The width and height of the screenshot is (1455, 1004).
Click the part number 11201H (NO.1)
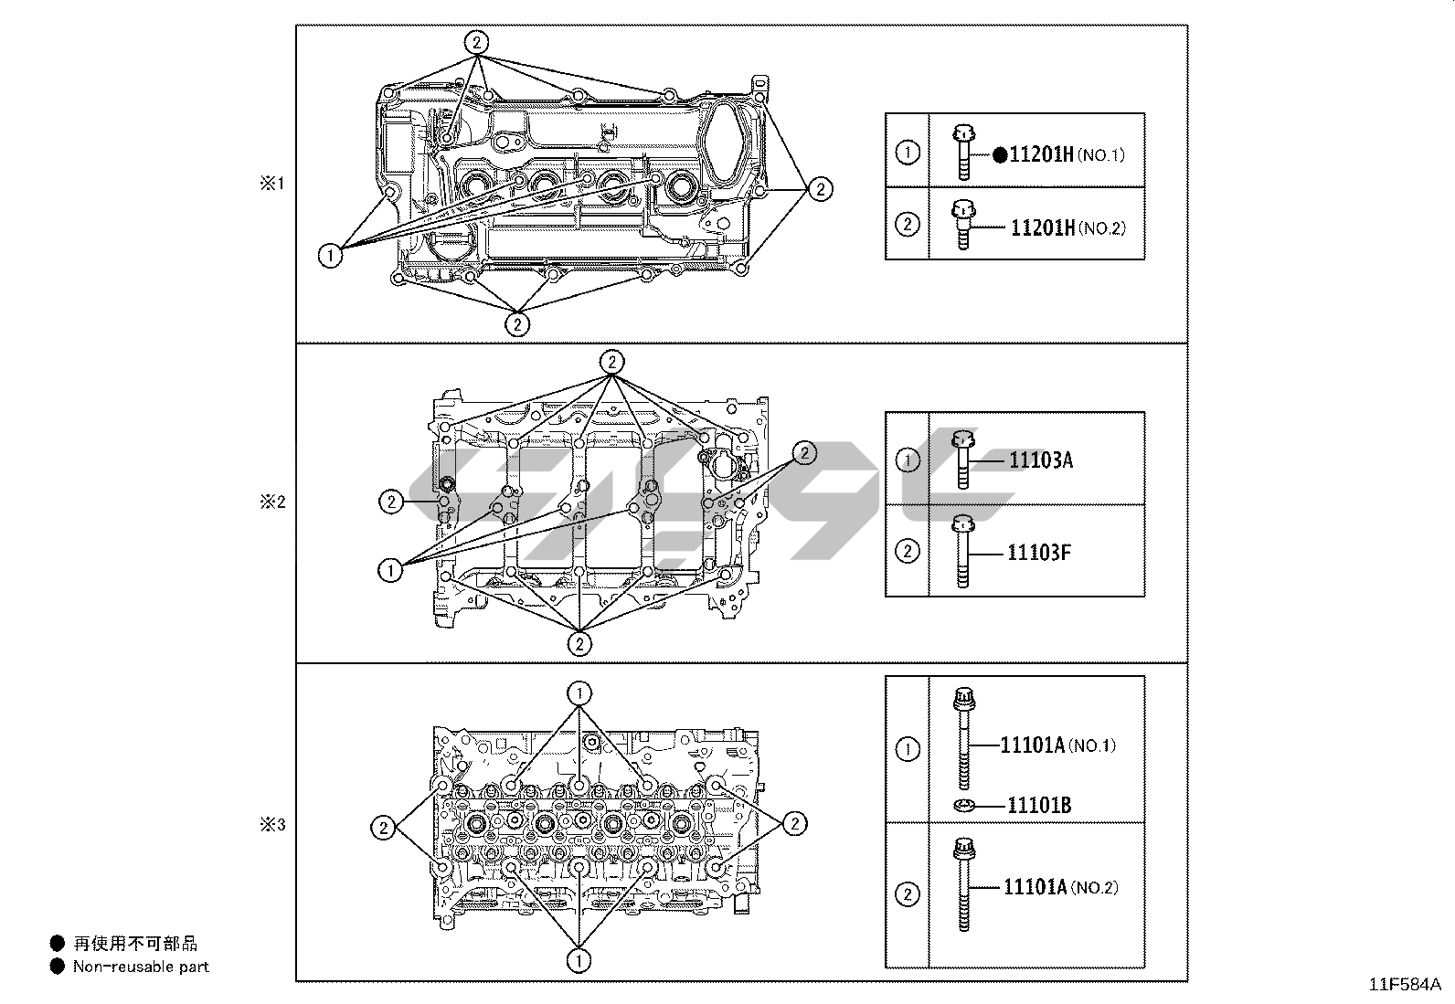coord(1067,154)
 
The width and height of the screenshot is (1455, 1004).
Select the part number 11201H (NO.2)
coord(1068,228)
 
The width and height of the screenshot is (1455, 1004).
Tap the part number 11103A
coord(1041,460)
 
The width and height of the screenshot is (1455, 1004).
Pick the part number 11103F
coord(1039,553)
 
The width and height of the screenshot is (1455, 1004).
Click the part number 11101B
coord(1039,805)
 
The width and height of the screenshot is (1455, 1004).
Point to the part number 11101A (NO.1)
coord(1058,745)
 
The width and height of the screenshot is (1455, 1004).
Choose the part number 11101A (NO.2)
coord(1061,887)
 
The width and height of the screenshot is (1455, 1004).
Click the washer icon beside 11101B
coord(964,806)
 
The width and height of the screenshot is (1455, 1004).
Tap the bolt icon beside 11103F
coord(962,552)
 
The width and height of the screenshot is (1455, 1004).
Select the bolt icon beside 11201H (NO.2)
coord(963,225)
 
